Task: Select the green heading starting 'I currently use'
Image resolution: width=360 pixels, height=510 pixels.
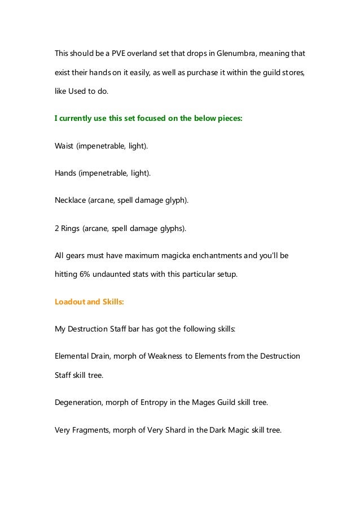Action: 148,119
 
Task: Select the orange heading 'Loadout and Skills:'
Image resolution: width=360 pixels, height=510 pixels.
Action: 89,301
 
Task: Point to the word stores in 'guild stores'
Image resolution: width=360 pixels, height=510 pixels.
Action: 297,73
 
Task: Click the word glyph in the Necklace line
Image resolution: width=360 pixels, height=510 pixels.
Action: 172,200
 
